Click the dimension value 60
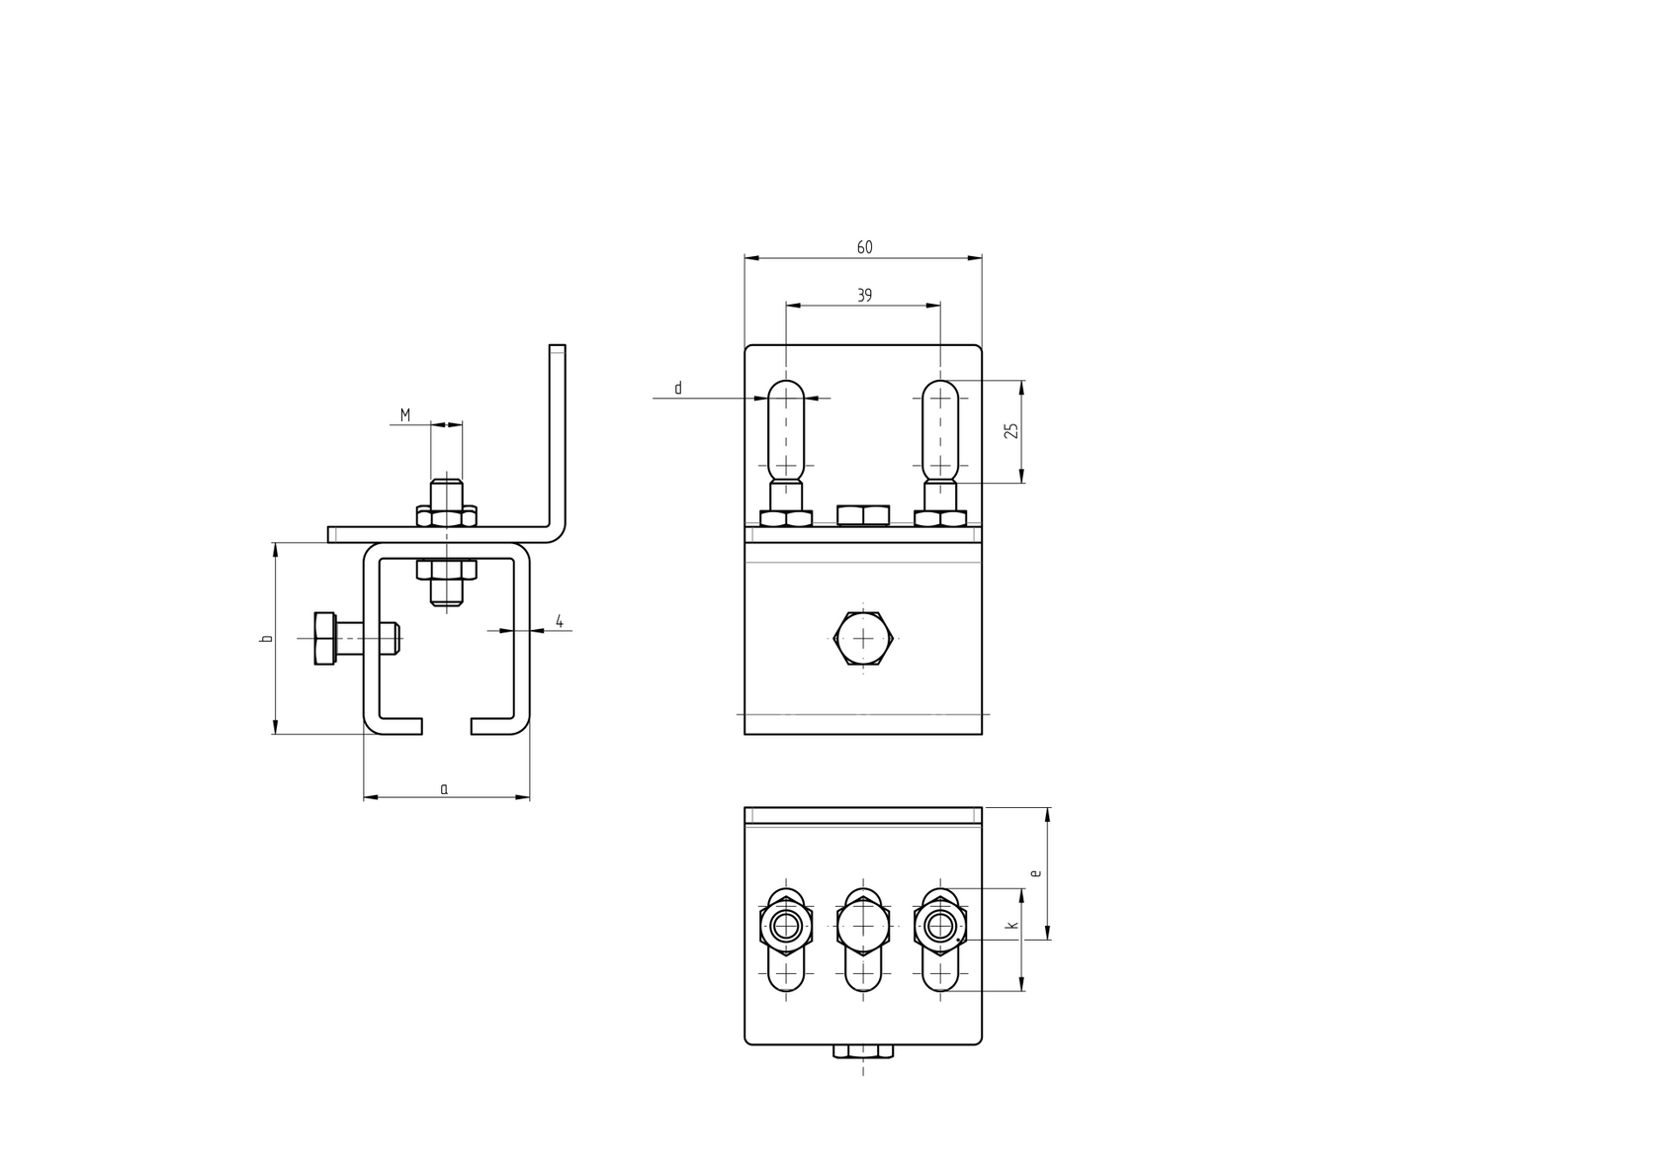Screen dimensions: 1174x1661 coord(864,247)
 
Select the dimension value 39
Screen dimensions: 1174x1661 coord(864,295)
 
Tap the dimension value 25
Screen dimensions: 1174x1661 coord(1010,431)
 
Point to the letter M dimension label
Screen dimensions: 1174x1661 coord(405,414)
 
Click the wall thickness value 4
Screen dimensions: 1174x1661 coord(559,621)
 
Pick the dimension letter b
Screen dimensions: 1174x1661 coord(265,639)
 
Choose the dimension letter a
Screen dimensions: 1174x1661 coord(444,788)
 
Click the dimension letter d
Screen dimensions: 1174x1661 coord(677,389)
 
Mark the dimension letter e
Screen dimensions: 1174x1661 coord(1035,873)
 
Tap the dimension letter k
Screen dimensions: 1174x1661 coord(1010,926)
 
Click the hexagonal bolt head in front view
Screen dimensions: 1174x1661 coord(863,638)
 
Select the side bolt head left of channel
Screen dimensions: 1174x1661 coord(324,638)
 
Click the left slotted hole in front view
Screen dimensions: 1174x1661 coord(786,427)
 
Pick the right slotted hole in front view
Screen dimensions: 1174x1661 coord(940,427)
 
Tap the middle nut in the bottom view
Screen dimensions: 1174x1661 coord(863,926)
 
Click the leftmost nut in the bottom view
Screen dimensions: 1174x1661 coord(786,926)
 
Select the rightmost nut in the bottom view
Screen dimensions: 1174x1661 coord(940,926)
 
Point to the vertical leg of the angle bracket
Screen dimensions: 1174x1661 coord(557,435)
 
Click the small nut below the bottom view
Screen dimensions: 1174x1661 coord(863,1051)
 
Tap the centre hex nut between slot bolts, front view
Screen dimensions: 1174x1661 coord(863,514)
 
